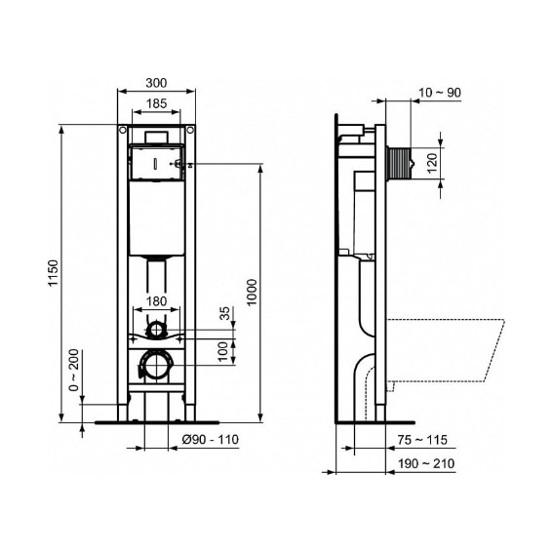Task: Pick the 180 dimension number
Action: [x=157, y=302]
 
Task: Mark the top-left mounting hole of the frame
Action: [x=123, y=130]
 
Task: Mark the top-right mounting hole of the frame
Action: [x=190, y=130]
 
